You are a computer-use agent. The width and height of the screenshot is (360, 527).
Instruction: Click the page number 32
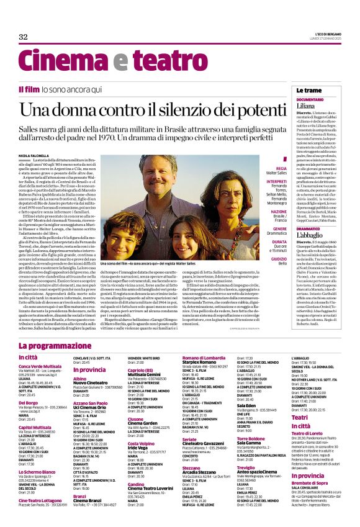(x=24, y=37)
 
